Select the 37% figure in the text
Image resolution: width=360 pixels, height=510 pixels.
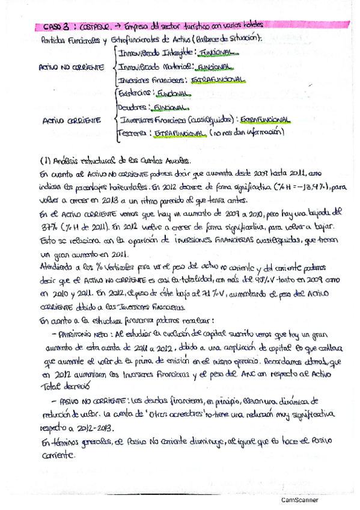click(x=47, y=227)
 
